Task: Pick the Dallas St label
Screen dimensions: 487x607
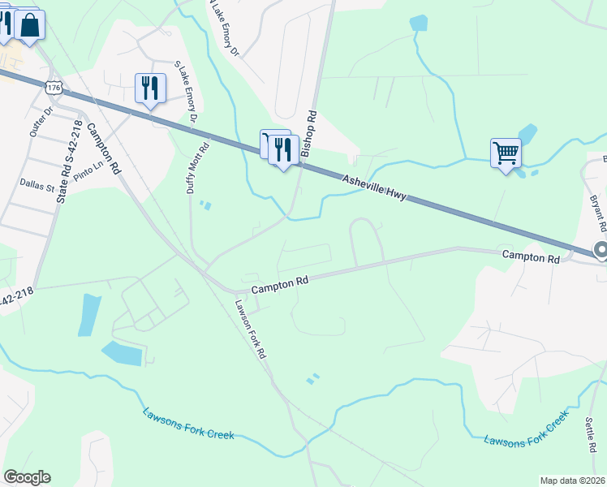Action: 37,187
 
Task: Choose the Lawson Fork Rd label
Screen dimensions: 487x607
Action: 252,330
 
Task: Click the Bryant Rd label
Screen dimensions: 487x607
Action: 598,211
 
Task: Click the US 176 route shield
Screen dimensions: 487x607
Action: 54,87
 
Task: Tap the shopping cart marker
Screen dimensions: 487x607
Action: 506,152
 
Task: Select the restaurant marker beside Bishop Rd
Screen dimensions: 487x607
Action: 283,149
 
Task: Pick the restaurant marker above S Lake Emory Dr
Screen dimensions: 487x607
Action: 150,87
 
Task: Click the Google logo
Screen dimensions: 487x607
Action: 27,477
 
